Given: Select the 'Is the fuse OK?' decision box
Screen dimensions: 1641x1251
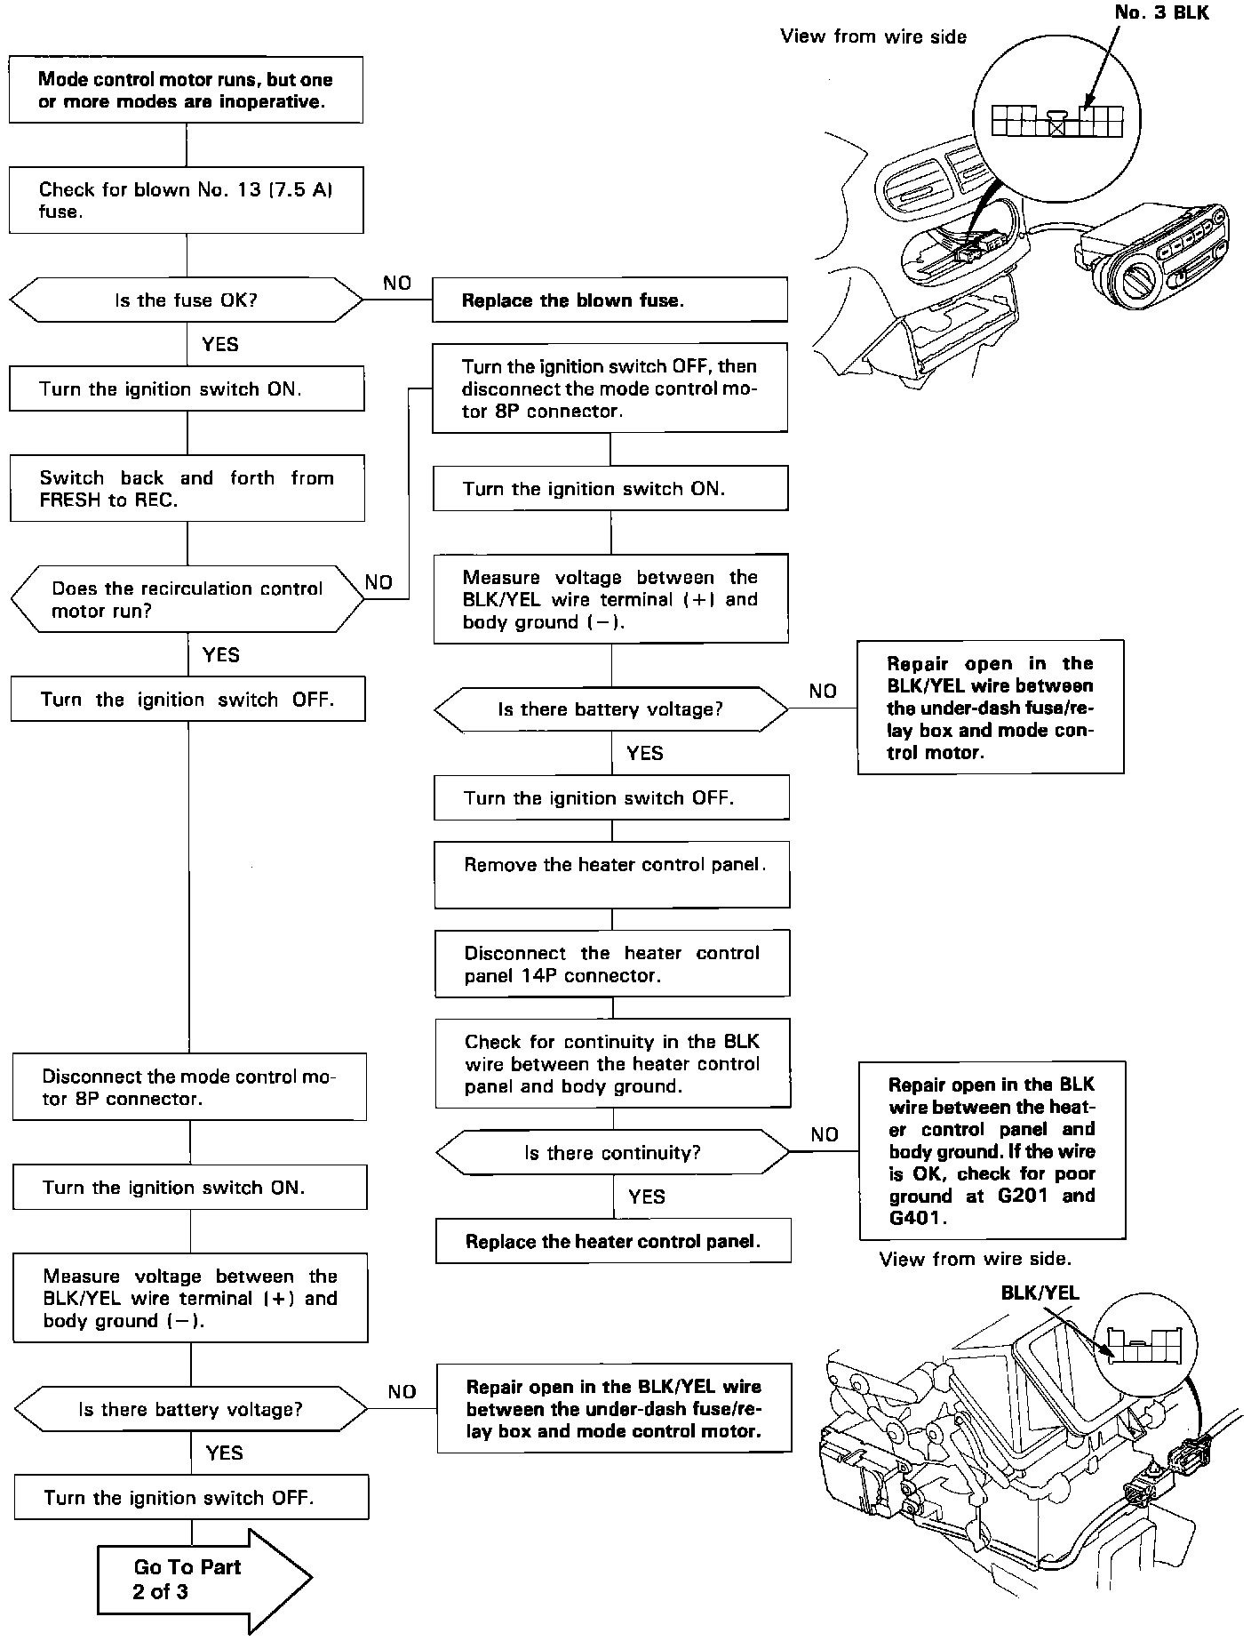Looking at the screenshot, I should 186,300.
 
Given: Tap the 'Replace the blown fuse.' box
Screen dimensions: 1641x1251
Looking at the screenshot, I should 610,300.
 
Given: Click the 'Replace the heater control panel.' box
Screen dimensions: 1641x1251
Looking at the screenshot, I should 613,1241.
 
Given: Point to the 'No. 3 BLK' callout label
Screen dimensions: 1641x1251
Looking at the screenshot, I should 1161,13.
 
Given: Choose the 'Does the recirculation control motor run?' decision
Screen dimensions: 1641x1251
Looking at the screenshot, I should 187,599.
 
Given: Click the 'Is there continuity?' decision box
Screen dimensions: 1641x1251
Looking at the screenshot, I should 612,1153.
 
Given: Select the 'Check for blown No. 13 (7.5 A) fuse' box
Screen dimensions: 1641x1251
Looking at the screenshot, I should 186,200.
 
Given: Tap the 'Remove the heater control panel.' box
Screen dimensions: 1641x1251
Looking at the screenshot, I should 612,875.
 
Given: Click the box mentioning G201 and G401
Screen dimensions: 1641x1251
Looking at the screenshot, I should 992,1150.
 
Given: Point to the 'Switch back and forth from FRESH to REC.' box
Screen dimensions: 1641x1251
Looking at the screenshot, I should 187,489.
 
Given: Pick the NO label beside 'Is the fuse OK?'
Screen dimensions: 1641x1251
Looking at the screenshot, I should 397,283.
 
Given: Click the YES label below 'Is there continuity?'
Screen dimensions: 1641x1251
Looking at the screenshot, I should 646,1197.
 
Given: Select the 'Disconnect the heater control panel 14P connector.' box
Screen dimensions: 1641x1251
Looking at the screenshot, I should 612,964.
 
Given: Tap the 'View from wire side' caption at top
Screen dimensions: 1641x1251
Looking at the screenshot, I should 873,36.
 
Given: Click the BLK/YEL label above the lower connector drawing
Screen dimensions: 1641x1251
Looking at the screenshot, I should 1040,1293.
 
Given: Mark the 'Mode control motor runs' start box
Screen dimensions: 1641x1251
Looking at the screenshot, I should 186,90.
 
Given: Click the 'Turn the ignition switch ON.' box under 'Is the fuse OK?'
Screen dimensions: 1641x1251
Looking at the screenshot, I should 187,389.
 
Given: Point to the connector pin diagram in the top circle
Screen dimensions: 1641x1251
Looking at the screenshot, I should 1056,120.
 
